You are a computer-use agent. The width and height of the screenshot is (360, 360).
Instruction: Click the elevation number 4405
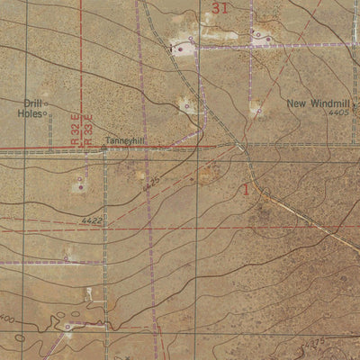[338, 113]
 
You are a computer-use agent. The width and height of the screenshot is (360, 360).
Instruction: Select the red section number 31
[221, 8]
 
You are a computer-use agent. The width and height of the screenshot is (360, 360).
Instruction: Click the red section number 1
[246, 190]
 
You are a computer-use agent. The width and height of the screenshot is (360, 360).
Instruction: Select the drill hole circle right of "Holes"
[45, 115]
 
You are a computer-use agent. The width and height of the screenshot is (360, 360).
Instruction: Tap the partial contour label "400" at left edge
[8, 319]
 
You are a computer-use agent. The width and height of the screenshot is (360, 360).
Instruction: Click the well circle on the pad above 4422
[77, 186]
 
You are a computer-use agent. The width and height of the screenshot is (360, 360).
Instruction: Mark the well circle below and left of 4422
[66, 258]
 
